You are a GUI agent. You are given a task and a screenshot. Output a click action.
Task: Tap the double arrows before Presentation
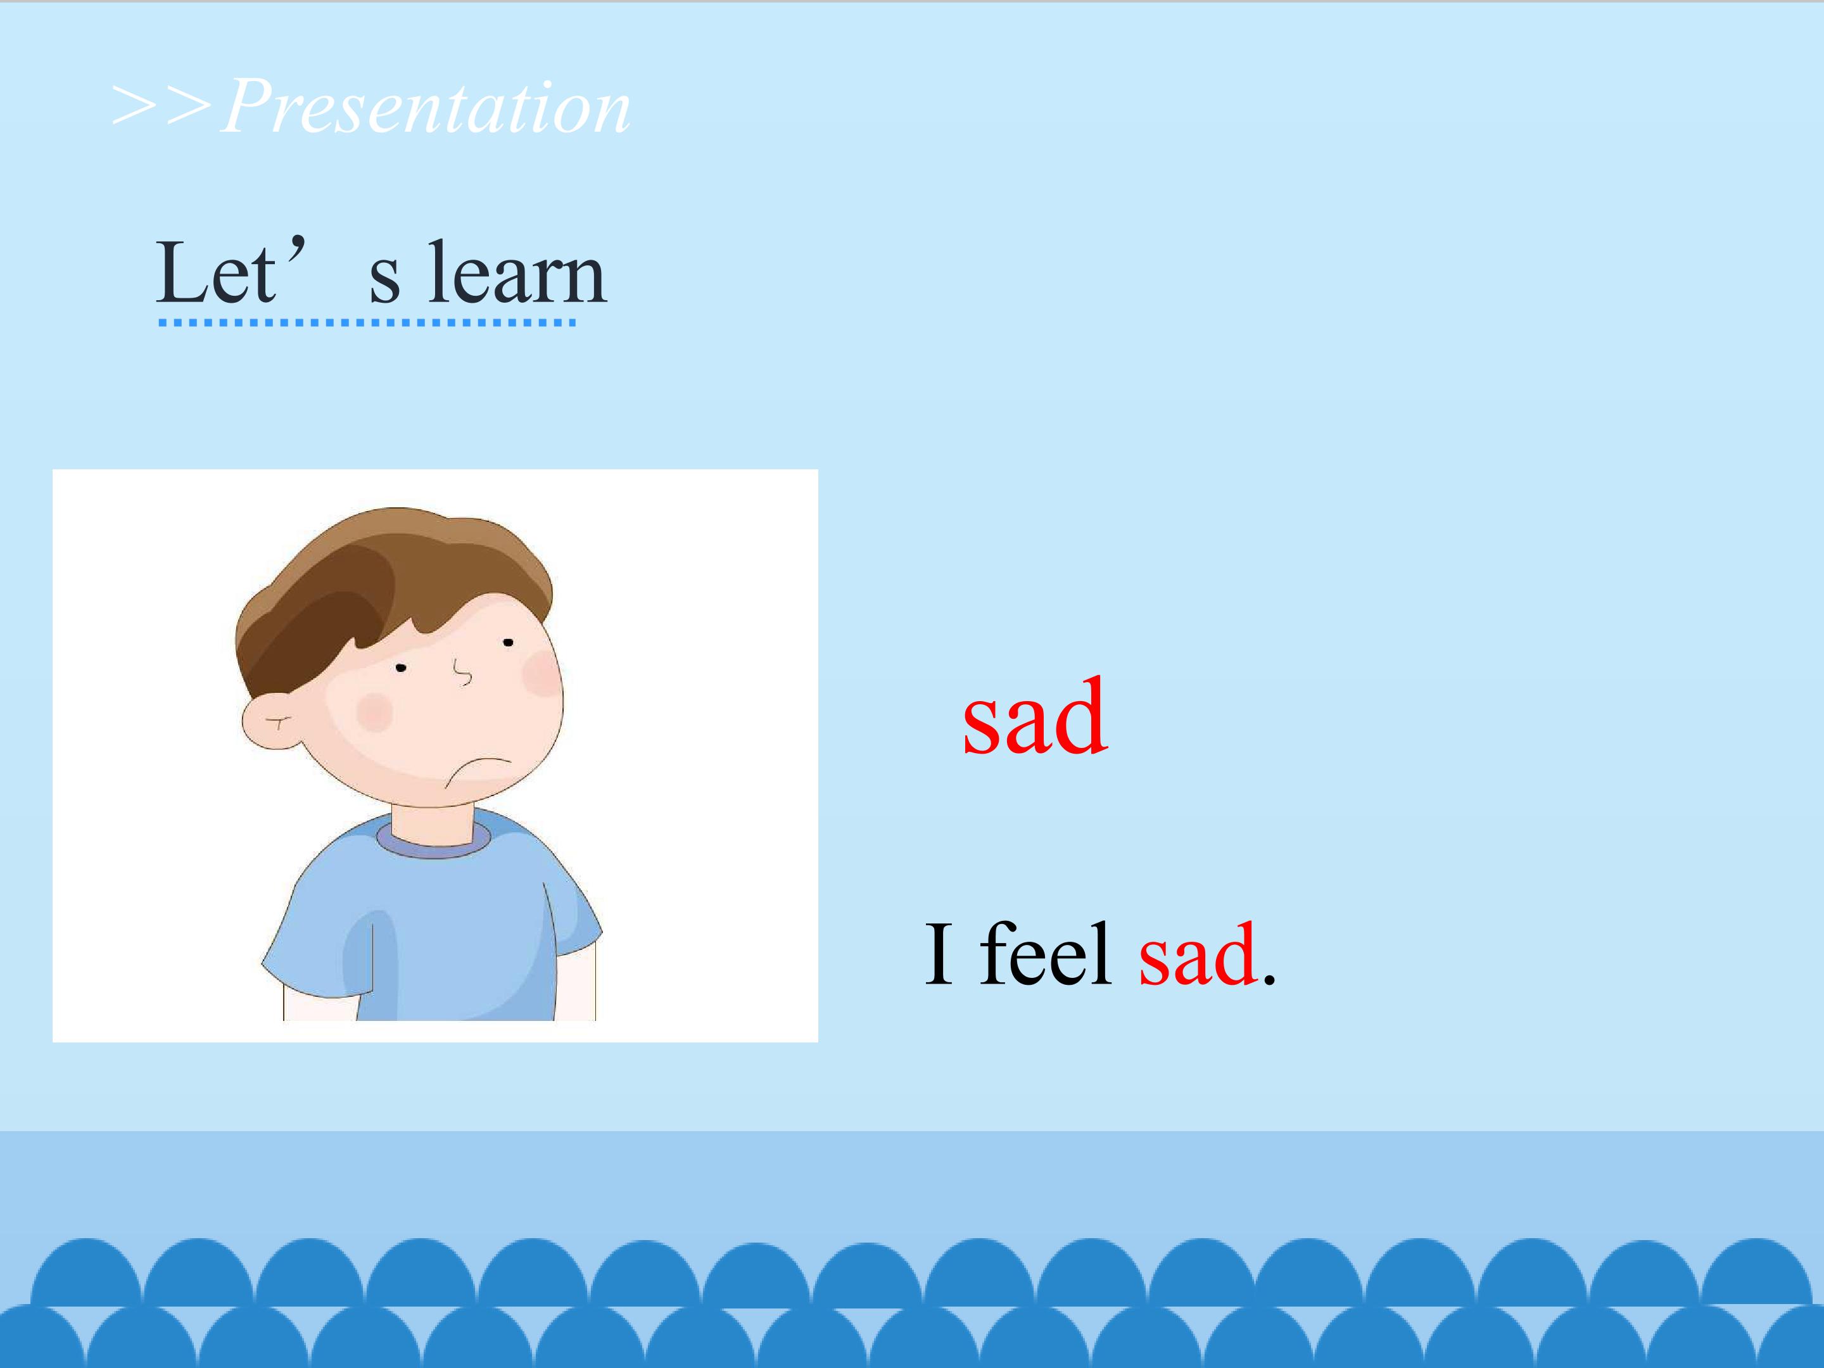(162, 107)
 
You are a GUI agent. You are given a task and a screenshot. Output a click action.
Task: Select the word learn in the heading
(517, 273)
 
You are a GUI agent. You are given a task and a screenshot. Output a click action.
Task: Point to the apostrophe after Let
(298, 245)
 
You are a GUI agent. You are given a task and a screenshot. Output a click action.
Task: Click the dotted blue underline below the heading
(367, 322)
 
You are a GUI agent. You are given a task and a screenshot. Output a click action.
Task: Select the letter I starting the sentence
(939, 953)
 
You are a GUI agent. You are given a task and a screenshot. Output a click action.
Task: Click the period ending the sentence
(1269, 978)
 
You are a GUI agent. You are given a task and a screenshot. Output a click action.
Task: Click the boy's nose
(464, 671)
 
